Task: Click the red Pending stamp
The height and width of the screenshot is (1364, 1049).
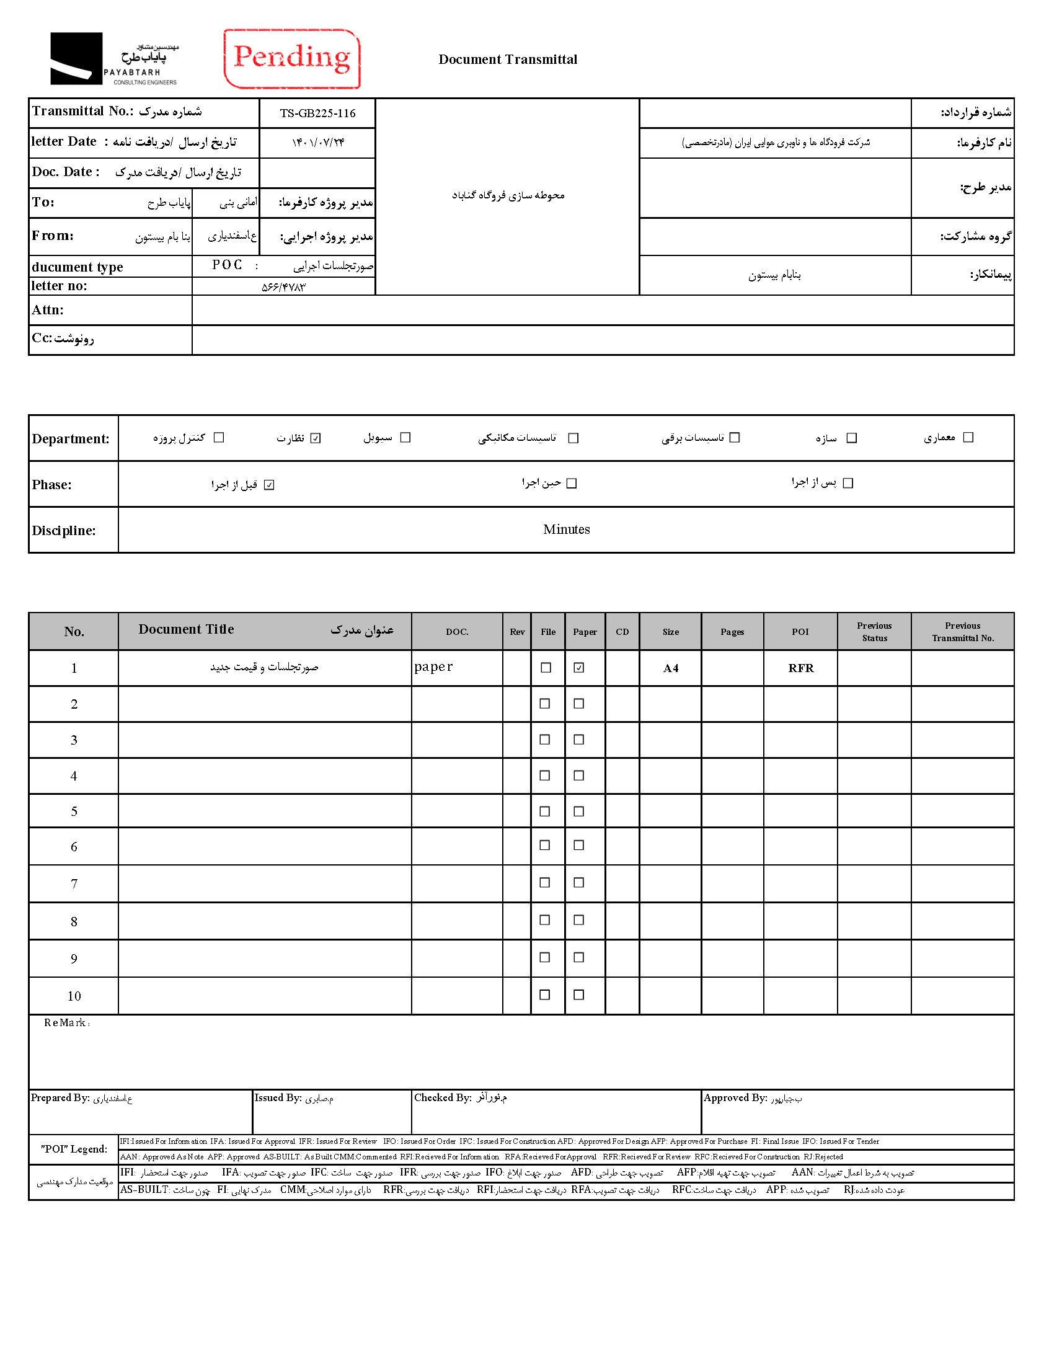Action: click(292, 59)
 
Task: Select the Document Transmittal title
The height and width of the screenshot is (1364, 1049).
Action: click(508, 60)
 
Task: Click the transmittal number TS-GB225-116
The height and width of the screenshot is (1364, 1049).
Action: click(317, 113)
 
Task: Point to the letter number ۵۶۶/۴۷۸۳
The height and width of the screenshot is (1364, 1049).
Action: click(283, 287)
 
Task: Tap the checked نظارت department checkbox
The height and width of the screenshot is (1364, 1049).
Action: click(316, 438)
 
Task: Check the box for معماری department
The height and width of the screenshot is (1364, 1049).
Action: click(968, 437)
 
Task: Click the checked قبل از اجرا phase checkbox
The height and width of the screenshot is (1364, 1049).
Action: click(269, 484)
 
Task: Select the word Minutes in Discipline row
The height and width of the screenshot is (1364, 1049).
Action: click(565, 529)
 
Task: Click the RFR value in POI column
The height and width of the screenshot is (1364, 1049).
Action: click(800, 668)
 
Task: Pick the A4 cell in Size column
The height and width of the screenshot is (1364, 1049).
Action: click(671, 668)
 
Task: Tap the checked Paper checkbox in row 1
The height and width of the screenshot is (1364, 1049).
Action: click(579, 667)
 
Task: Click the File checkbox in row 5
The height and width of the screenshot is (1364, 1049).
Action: click(544, 811)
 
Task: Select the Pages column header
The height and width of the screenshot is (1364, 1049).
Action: click(732, 632)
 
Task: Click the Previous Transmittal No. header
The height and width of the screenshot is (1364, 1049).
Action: click(962, 632)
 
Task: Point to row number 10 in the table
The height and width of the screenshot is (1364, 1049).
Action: click(74, 996)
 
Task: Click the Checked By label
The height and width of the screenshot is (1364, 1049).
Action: click(442, 1097)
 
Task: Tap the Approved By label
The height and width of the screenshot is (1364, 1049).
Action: click(735, 1097)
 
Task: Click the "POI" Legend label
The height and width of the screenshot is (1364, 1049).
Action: click(74, 1149)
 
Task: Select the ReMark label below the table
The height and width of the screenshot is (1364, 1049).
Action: click(65, 1022)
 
